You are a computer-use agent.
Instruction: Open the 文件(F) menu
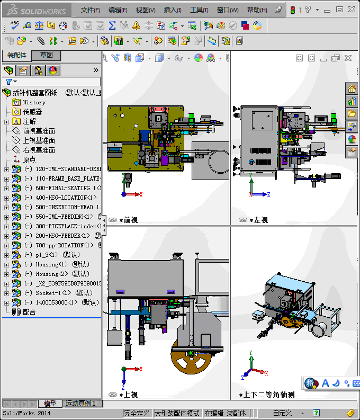click(x=90, y=10)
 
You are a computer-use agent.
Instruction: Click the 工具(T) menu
click(x=199, y=10)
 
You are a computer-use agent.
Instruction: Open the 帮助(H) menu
click(x=257, y=10)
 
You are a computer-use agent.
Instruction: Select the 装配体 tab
click(x=16, y=55)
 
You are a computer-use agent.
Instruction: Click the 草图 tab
click(x=46, y=55)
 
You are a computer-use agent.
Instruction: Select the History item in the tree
click(x=34, y=102)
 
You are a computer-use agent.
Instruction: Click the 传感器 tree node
click(x=32, y=112)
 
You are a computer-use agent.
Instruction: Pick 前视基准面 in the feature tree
click(x=39, y=131)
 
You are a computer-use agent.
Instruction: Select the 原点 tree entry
click(x=30, y=159)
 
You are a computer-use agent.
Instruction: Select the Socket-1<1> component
click(x=53, y=293)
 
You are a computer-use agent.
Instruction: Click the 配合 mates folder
click(x=29, y=312)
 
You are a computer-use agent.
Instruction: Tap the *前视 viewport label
click(x=129, y=220)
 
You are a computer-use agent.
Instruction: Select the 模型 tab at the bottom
click(x=50, y=404)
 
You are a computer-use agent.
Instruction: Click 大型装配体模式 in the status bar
click(x=177, y=413)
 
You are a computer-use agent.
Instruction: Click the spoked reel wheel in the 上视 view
click(x=191, y=365)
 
